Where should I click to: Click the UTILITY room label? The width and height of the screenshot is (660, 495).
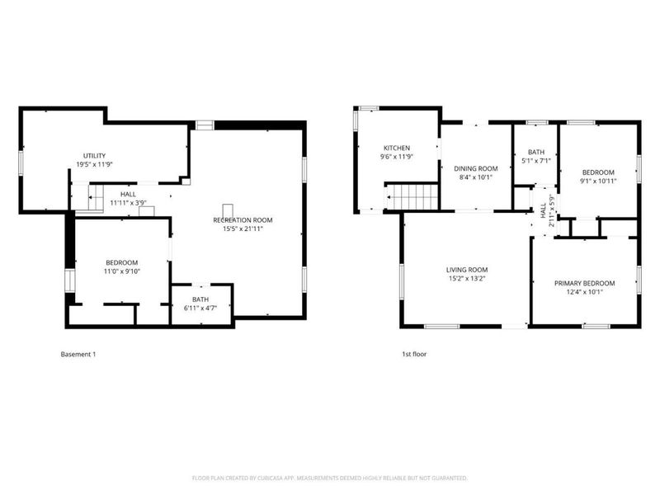coord(94,156)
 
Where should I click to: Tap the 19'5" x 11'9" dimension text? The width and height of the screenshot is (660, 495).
coord(94,164)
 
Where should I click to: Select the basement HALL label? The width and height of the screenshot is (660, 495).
coord(128,194)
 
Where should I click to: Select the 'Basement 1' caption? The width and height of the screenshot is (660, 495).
coord(78,354)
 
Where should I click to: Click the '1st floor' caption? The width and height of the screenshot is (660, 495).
coord(413,354)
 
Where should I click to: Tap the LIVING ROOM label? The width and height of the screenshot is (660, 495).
coord(467,270)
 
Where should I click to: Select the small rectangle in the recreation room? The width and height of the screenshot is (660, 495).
coord(229,210)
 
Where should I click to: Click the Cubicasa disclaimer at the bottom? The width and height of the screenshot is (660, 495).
coord(330,478)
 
